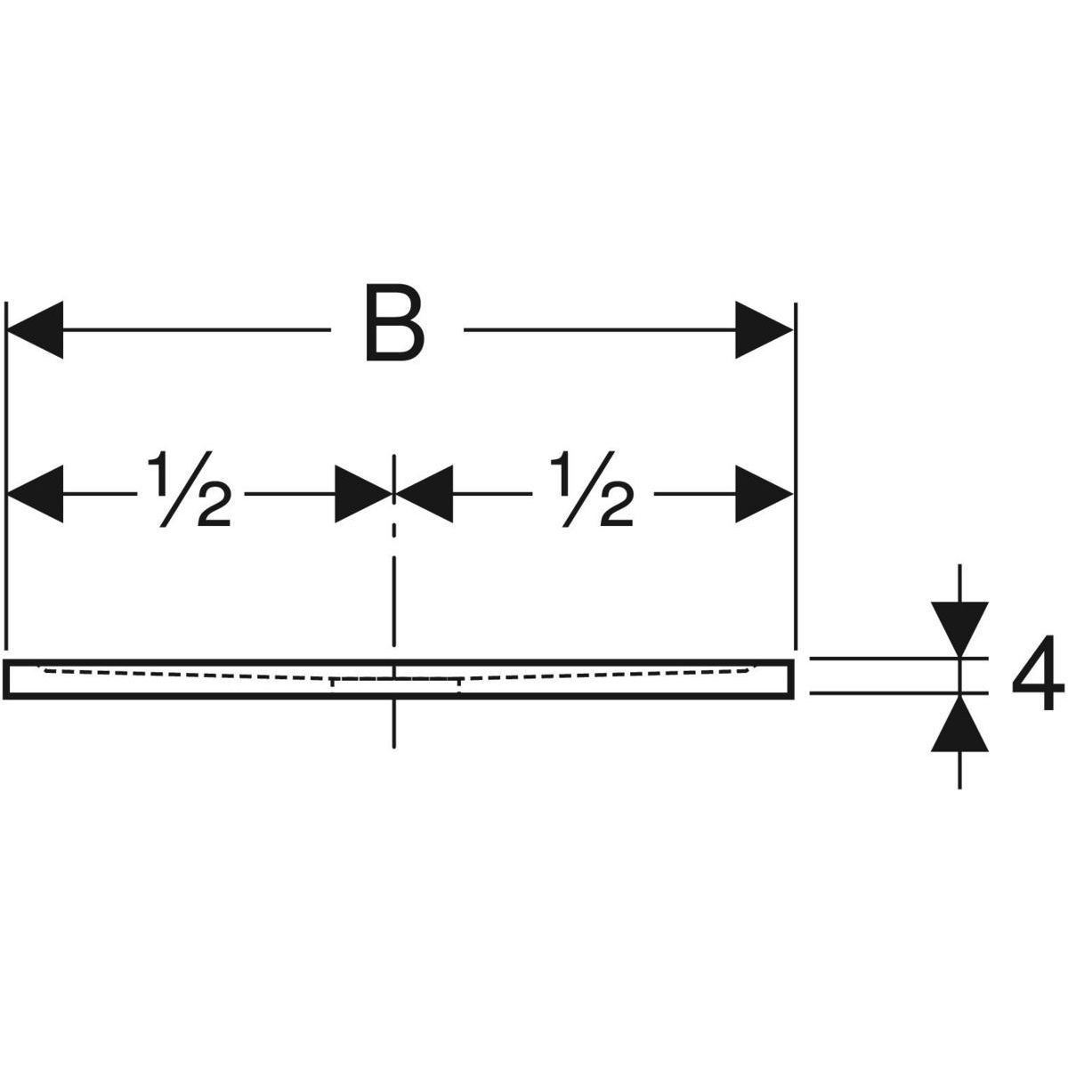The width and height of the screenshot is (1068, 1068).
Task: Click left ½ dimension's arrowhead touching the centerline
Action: [365, 492]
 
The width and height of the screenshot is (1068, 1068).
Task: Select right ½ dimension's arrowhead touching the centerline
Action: [424, 492]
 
